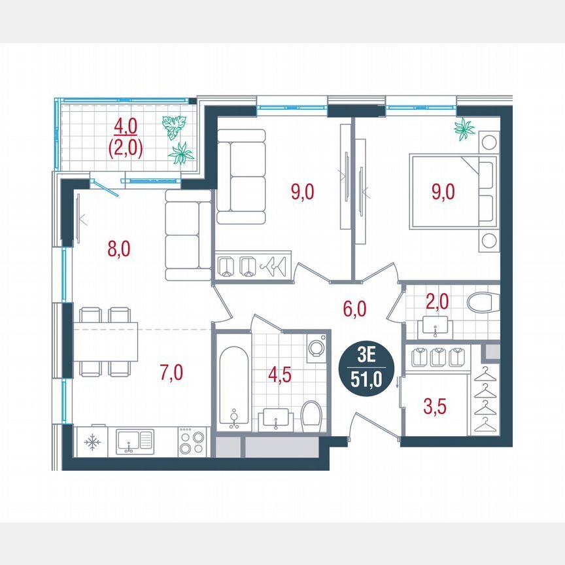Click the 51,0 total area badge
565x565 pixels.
(x=367, y=369)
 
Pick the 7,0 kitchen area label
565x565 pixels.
(x=171, y=373)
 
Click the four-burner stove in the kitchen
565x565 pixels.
(x=192, y=441)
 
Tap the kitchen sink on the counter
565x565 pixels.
(x=135, y=441)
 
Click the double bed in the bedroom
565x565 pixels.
(x=451, y=191)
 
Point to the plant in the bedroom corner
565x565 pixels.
(x=466, y=129)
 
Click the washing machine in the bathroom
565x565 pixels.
(x=317, y=347)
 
